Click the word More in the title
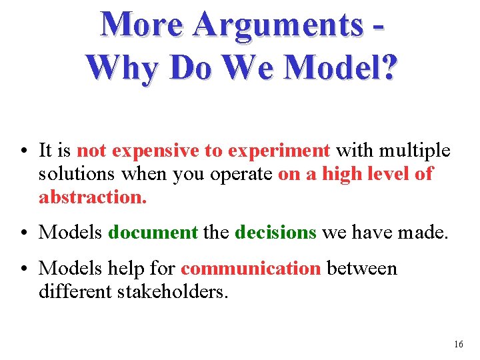(141, 25)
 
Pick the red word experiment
(279, 151)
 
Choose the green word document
(153, 232)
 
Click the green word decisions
(275, 232)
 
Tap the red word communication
(251, 269)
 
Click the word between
(361, 269)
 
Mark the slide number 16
(458, 345)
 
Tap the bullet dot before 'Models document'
(24, 233)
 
